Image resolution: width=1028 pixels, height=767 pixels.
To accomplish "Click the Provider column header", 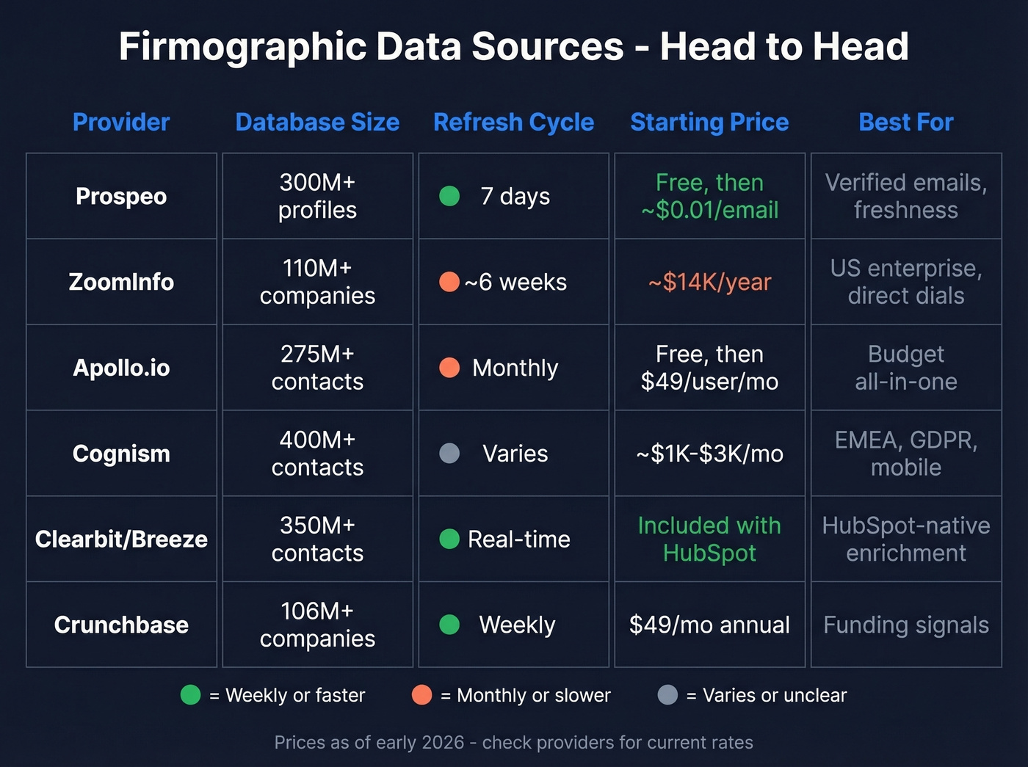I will [121, 122].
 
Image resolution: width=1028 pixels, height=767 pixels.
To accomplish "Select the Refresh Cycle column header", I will [513, 122].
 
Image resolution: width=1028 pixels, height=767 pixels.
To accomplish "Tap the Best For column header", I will [905, 122].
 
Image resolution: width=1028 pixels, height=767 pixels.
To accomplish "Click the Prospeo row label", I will [121, 197].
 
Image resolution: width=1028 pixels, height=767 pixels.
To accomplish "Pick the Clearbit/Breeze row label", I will [121, 539].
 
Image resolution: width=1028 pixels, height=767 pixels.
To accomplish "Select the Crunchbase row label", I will [121, 625].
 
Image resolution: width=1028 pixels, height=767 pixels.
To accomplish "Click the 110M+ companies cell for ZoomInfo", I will [317, 282].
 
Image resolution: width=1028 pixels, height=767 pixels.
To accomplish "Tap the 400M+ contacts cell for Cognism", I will [317, 454].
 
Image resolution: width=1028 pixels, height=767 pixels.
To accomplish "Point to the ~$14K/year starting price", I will [709, 282].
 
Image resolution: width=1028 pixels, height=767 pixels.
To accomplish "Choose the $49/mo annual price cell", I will [709, 625].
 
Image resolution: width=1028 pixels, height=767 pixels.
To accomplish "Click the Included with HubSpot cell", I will [709, 539].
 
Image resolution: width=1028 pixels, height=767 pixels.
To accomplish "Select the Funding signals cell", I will [905, 625].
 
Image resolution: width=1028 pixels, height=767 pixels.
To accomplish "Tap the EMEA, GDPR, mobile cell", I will [905, 454].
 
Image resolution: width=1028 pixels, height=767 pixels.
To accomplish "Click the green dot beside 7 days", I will [449, 197].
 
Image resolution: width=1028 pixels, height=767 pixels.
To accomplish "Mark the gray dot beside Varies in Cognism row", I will [449, 454].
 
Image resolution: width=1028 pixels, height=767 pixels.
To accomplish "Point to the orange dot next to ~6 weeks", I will [449, 282].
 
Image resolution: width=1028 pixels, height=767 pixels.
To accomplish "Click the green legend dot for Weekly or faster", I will [191, 695].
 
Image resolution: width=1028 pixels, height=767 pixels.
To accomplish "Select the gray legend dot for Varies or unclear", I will [667, 695].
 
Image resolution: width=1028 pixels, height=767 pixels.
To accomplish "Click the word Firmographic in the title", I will [243, 47].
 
